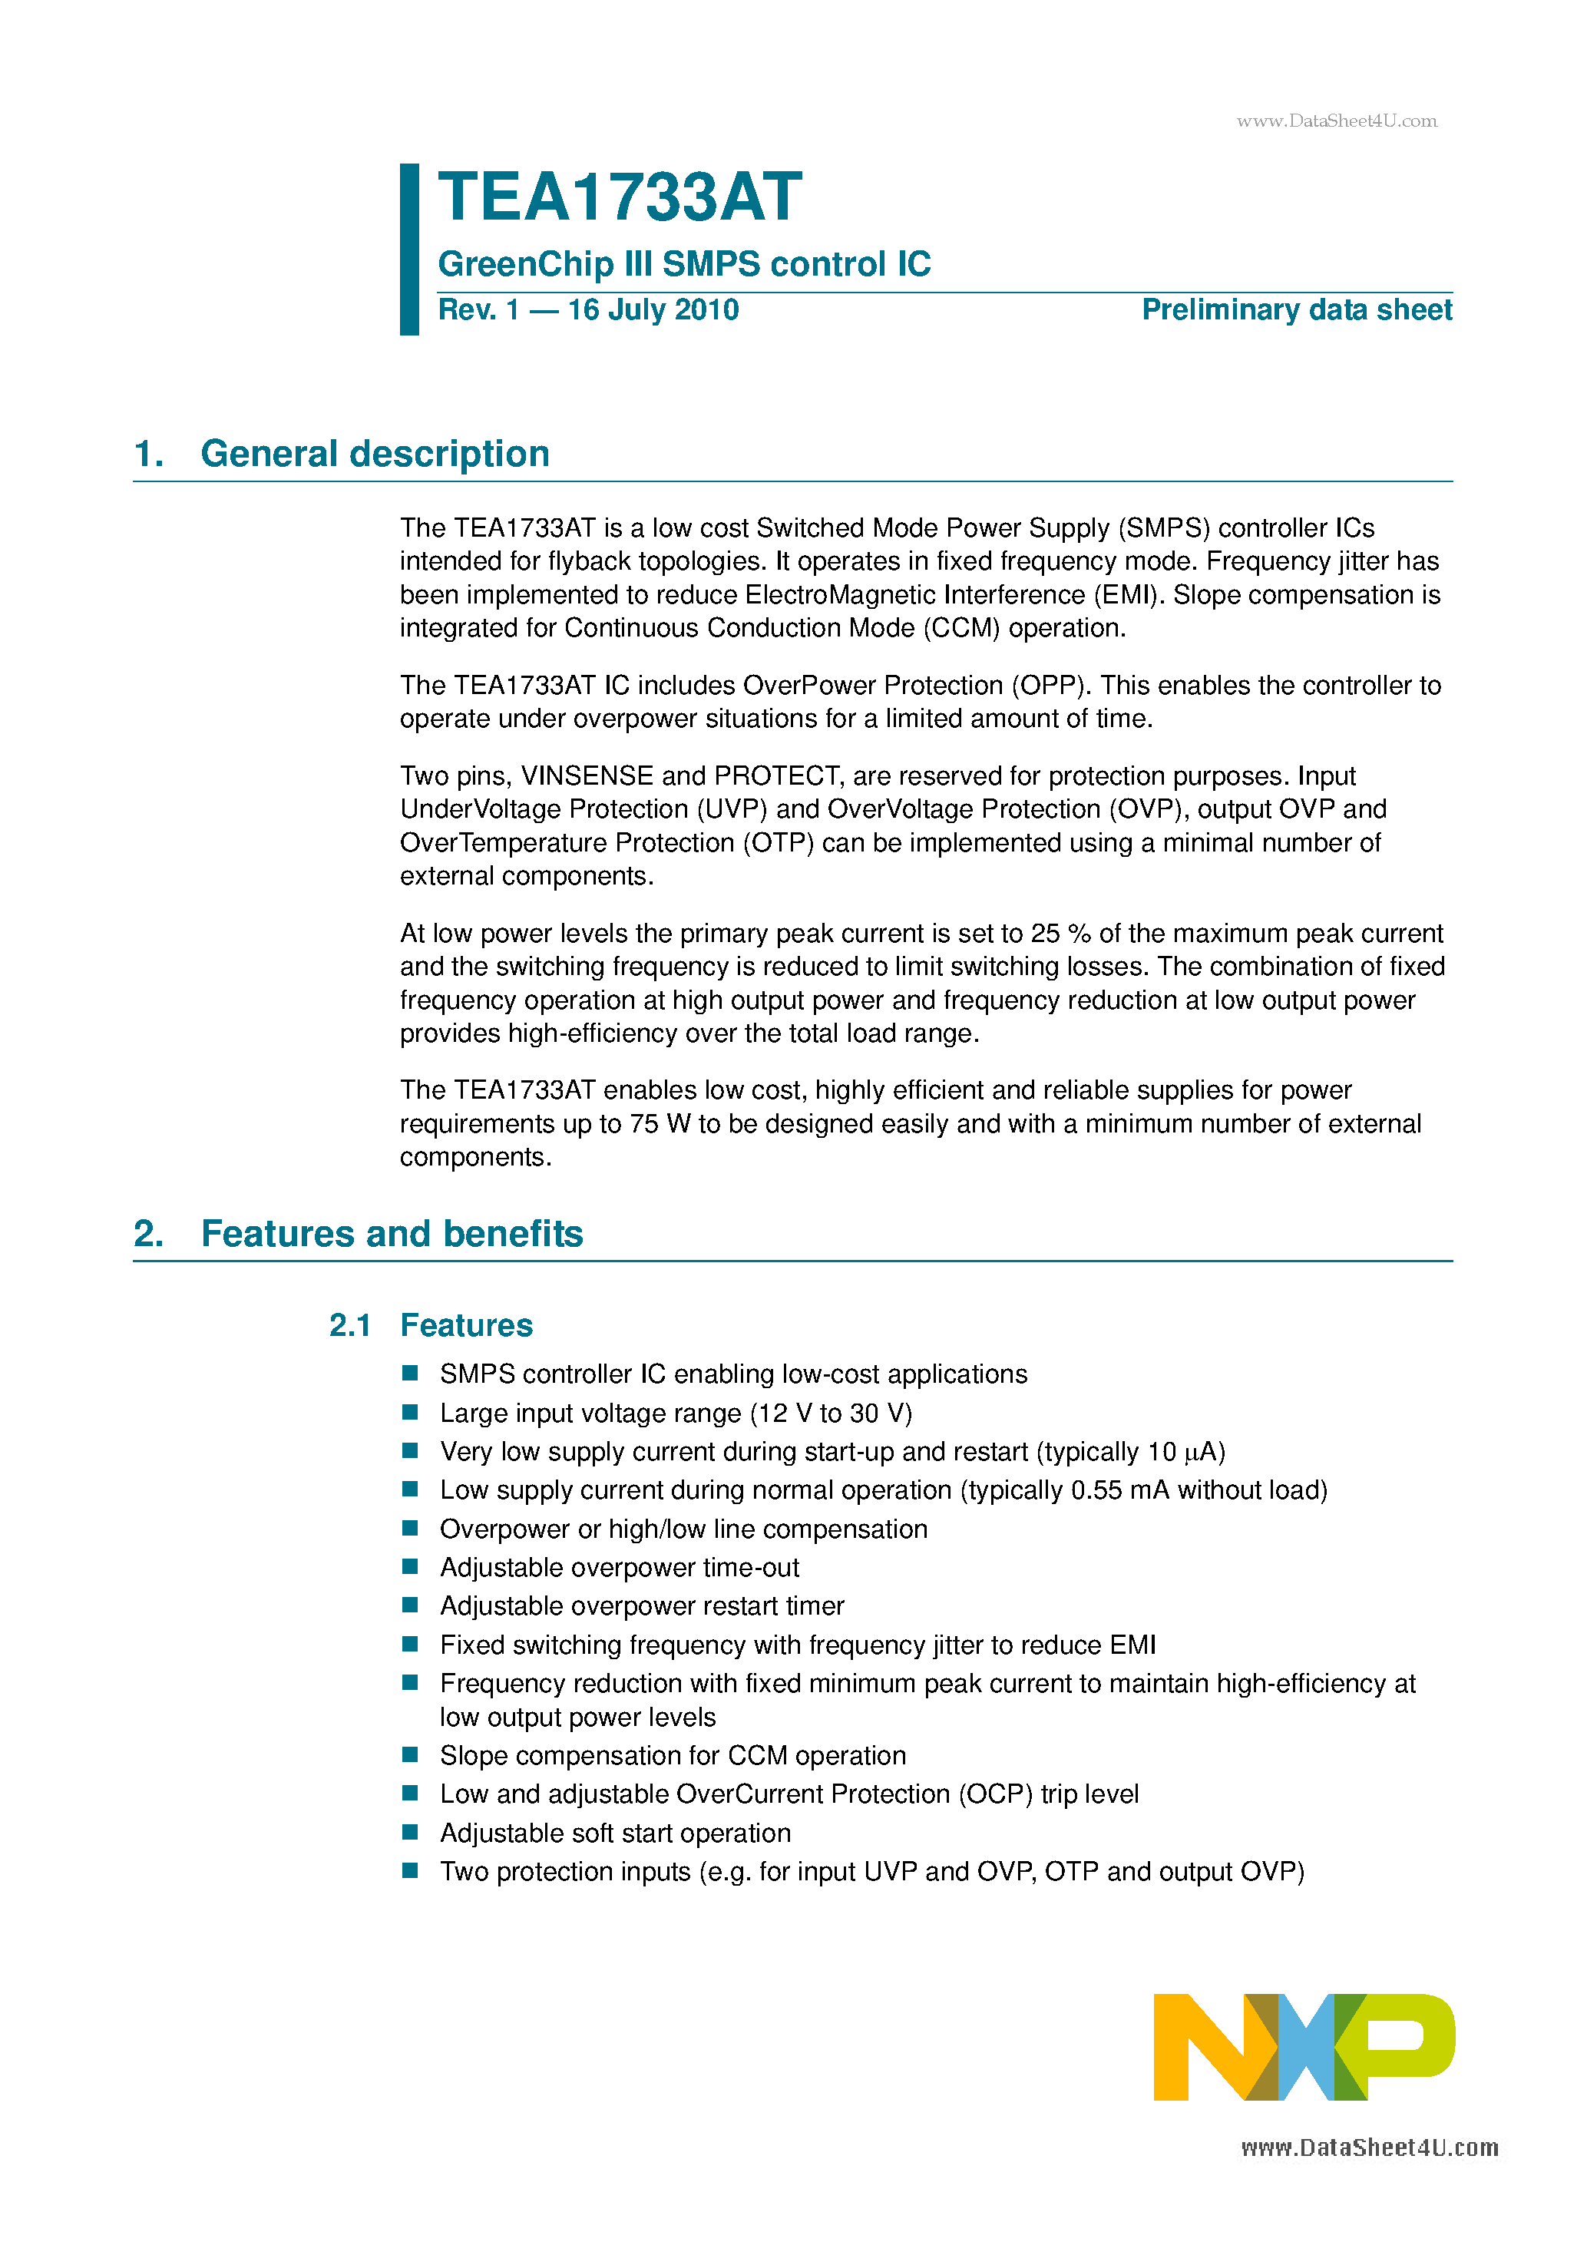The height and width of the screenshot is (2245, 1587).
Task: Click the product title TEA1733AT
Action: click(x=619, y=197)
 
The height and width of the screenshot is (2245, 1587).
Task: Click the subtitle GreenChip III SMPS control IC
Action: click(x=683, y=264)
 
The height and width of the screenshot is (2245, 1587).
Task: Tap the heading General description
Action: click(x=375, y=454)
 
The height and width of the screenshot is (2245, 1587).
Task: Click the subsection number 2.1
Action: click(x=349, y=1325)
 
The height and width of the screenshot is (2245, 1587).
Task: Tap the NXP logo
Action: click(x=1304, y=2046)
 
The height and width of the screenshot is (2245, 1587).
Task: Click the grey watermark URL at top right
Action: click(x=1336, y=121)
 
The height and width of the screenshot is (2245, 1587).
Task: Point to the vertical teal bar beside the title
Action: click(x=410, y=250)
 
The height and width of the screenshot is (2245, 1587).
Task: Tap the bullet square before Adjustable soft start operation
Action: click(x=411, y=1831)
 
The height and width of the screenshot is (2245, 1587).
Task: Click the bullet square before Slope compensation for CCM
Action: click(x=411, y=1754)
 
